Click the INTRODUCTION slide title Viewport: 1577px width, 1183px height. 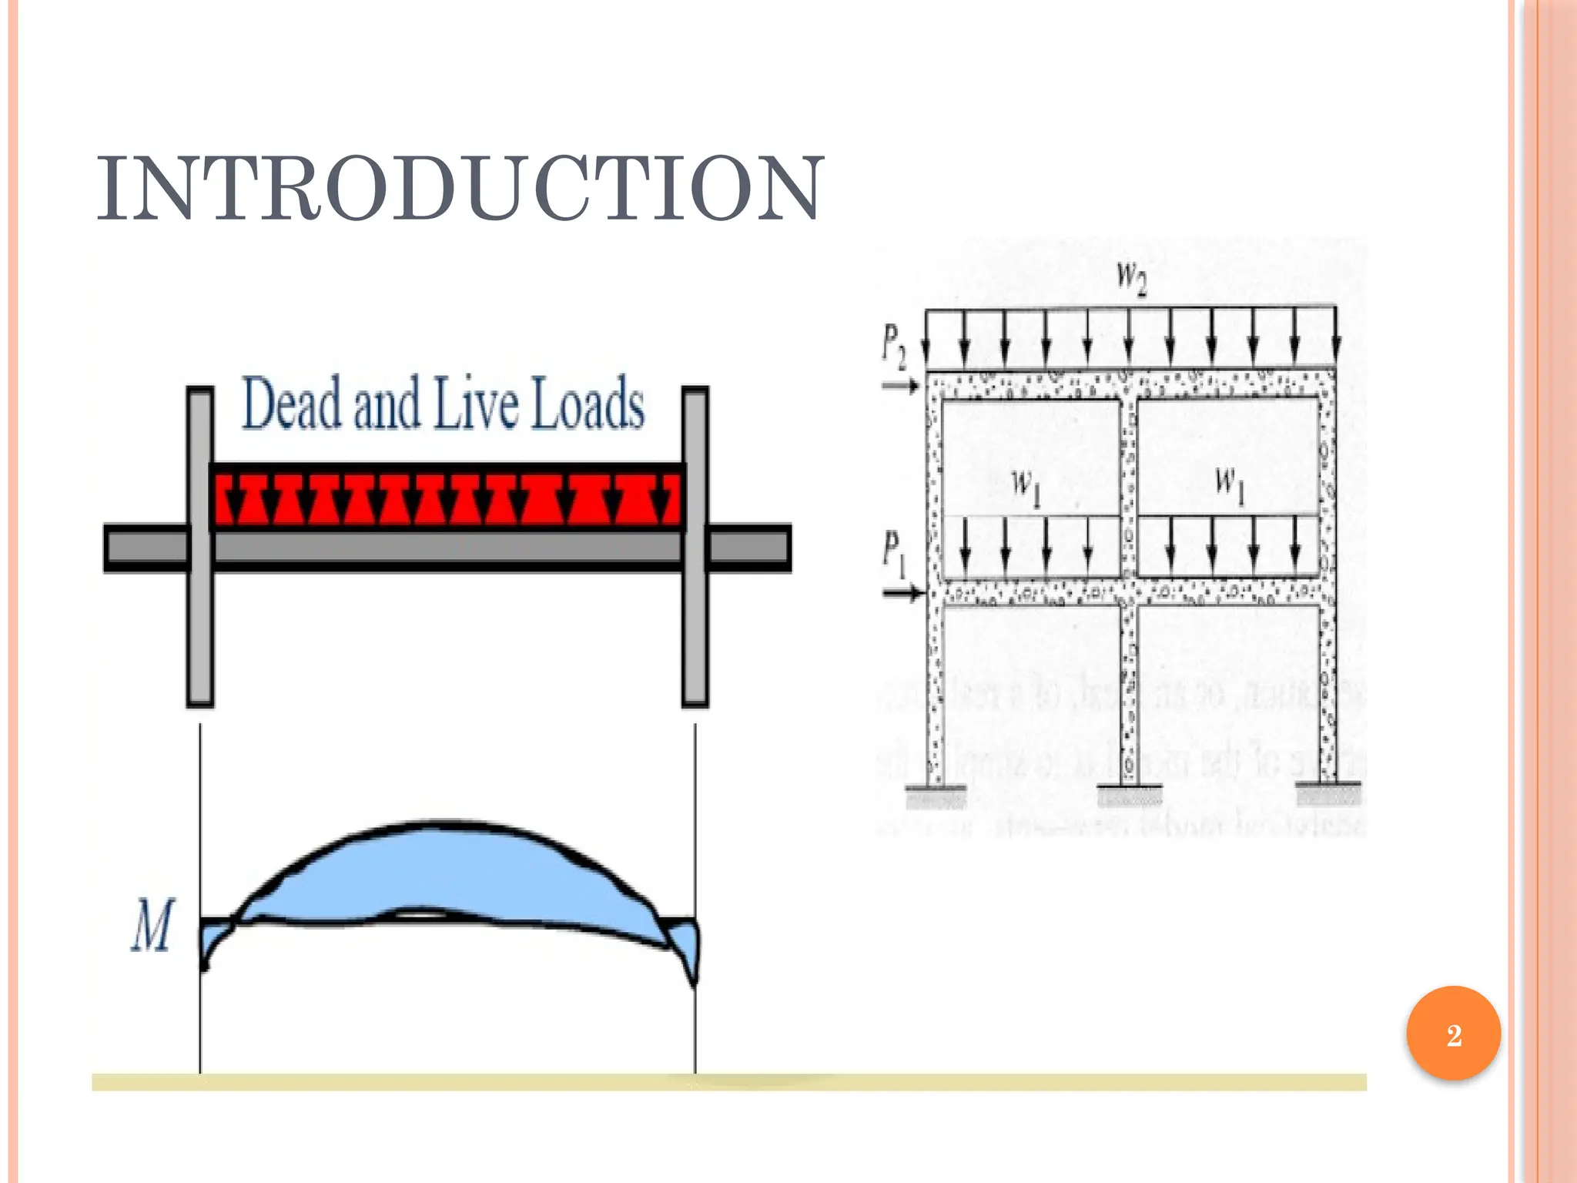tap(460, 189)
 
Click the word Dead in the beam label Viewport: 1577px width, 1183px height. tap(291, 403)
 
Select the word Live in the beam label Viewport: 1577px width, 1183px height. tap(476, 403)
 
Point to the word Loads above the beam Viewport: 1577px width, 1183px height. tap(588, 403)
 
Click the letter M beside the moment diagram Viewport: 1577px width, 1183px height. tap(152, 927)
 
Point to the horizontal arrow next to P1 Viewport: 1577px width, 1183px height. tap(902, 592)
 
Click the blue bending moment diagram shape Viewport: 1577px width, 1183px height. tap(447, 870)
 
